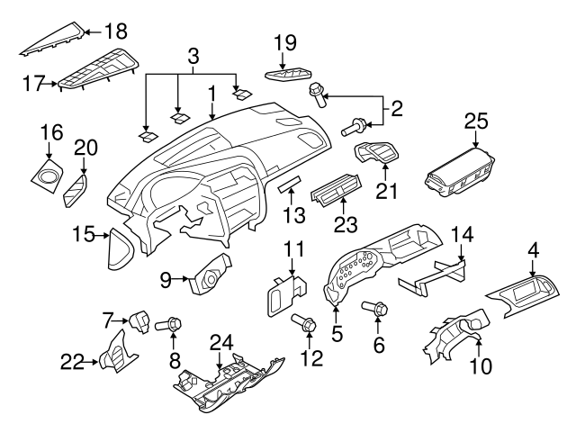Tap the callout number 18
click(116, 31)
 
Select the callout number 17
click(33, 84)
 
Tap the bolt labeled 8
click(168, 324)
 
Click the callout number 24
click(221, 342)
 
